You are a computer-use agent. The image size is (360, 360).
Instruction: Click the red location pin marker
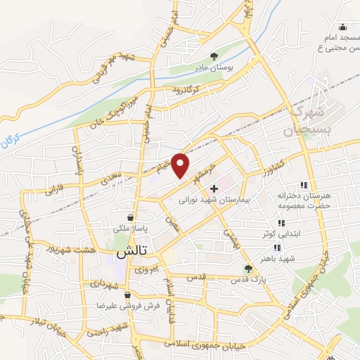[x=181, y=165]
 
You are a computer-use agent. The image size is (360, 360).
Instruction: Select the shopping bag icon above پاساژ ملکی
[x=131, y=217]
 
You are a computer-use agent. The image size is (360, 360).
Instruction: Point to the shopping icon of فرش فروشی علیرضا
[x=127, y=295]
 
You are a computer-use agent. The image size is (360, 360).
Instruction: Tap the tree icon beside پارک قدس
[x=247, y=268]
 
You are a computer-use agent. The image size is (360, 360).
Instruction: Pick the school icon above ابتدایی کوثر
[x=282, y=223]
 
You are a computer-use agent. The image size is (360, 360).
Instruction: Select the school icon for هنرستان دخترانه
[x=304, y=184]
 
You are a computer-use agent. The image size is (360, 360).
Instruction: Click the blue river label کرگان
[x=11, y=143]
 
